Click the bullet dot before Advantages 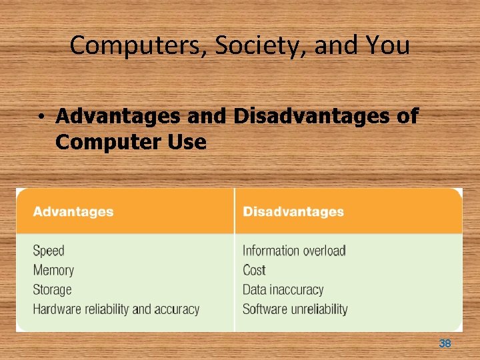pyautogui.click(x=41, y=117)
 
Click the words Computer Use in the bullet pyautogui.click(x=131, y=141)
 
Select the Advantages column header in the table pyautogui.click(x=73, y=212)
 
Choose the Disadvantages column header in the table pyautogui.click(x=293, y=212)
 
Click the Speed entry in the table pyautogui.click(x=49, y=251)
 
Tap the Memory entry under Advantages pyautogui.click(x=53, y=270)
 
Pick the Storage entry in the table pyautogui.click(x=52, y=289)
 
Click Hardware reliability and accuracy pyautogui.click(x=116, y=309)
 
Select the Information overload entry pyautogui.click(x=294, y=251)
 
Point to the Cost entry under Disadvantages pyautogui.click(x=254, y=270)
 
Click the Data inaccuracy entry pyautogui.click(x=283, y=289)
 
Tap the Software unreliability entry pyautogui.click(x=295, y=309)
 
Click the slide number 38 pyautogui.click(x=445, y=343)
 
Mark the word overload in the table pyautogui.click(x=324, y=251)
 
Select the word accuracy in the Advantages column pyautogui.click(x=177, y=309)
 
